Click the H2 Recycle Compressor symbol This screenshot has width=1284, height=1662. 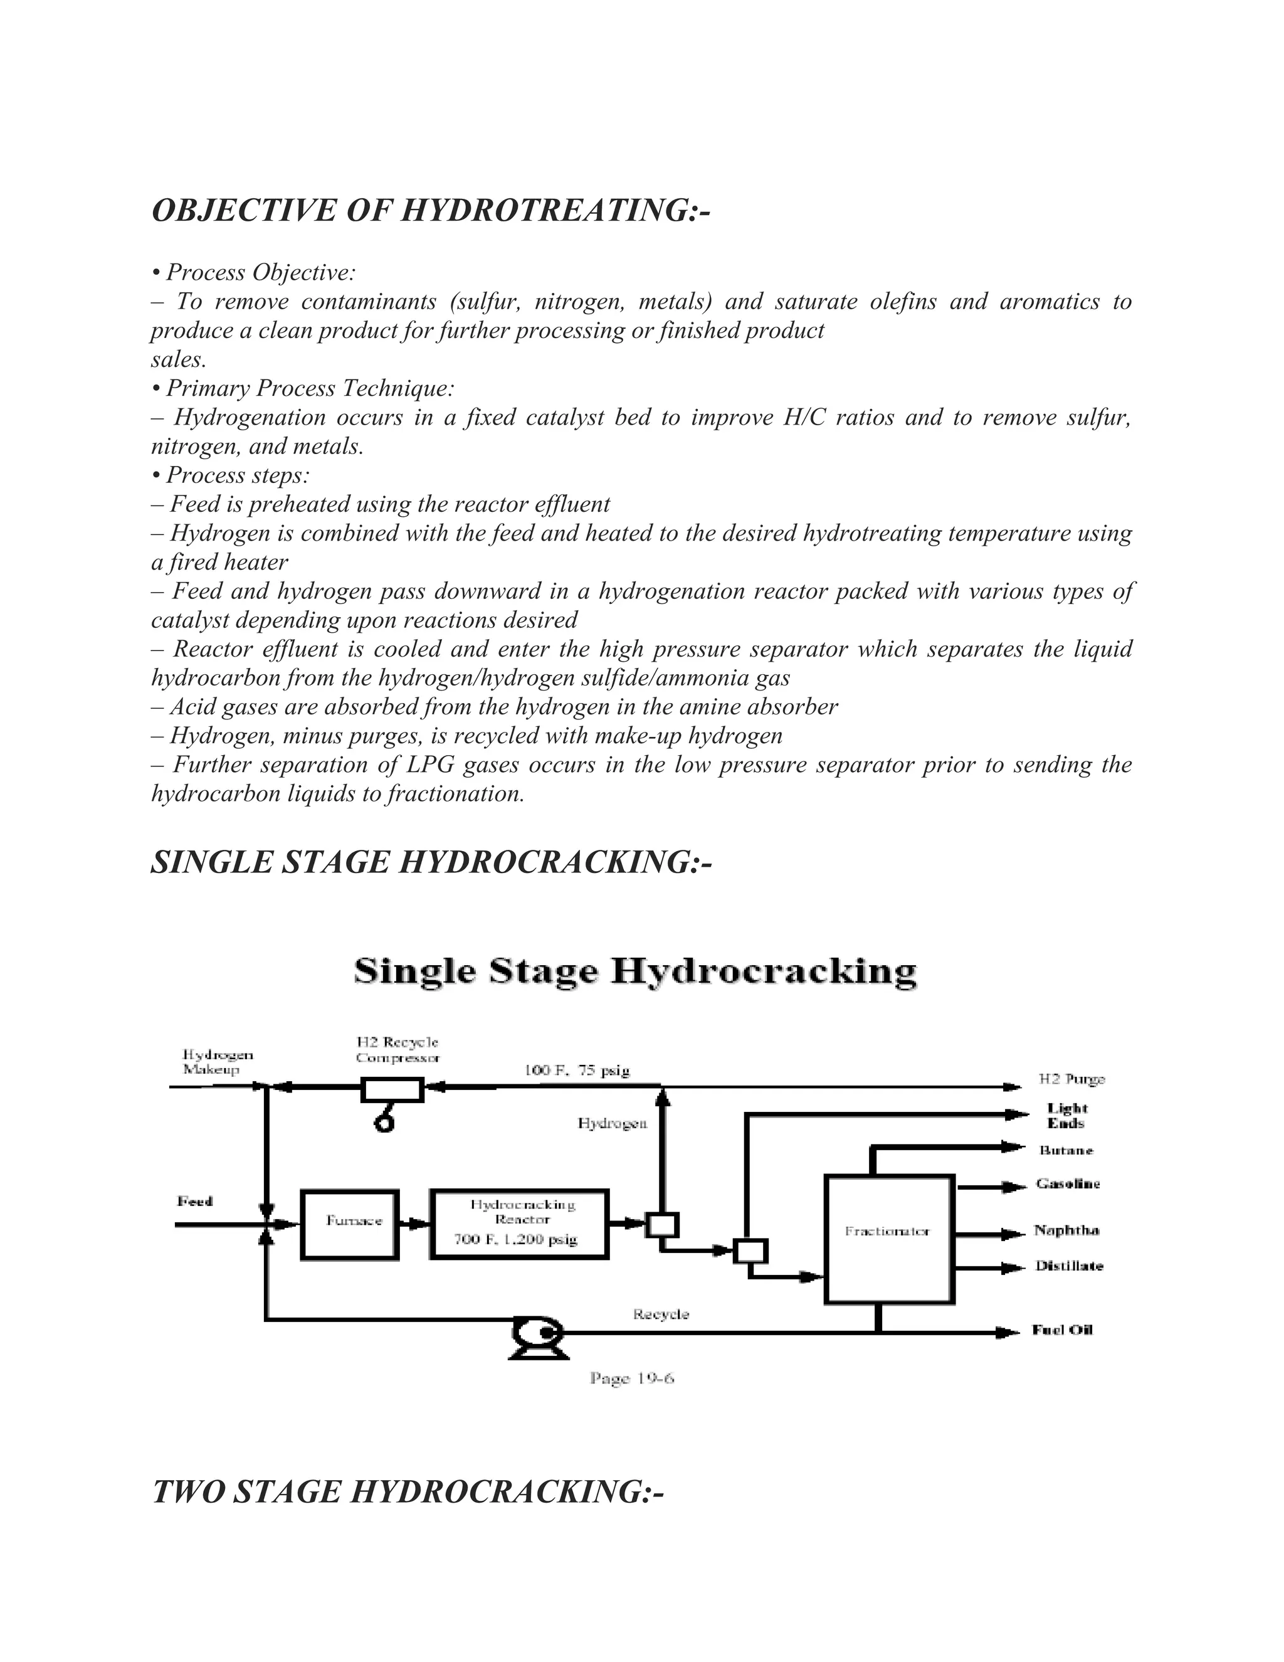point(392,1091)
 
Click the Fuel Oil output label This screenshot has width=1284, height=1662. point(1062,1330)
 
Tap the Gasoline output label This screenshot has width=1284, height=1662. point(1067,1184)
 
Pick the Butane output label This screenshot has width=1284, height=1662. point(1066,1150)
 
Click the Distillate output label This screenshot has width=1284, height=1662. point(1069,1266)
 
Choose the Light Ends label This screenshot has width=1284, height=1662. point(1066,1116)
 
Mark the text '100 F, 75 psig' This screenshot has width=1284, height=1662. point(577,1071)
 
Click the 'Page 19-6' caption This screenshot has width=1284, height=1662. point(631,1378)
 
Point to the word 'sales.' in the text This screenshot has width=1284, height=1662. point(179,359)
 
